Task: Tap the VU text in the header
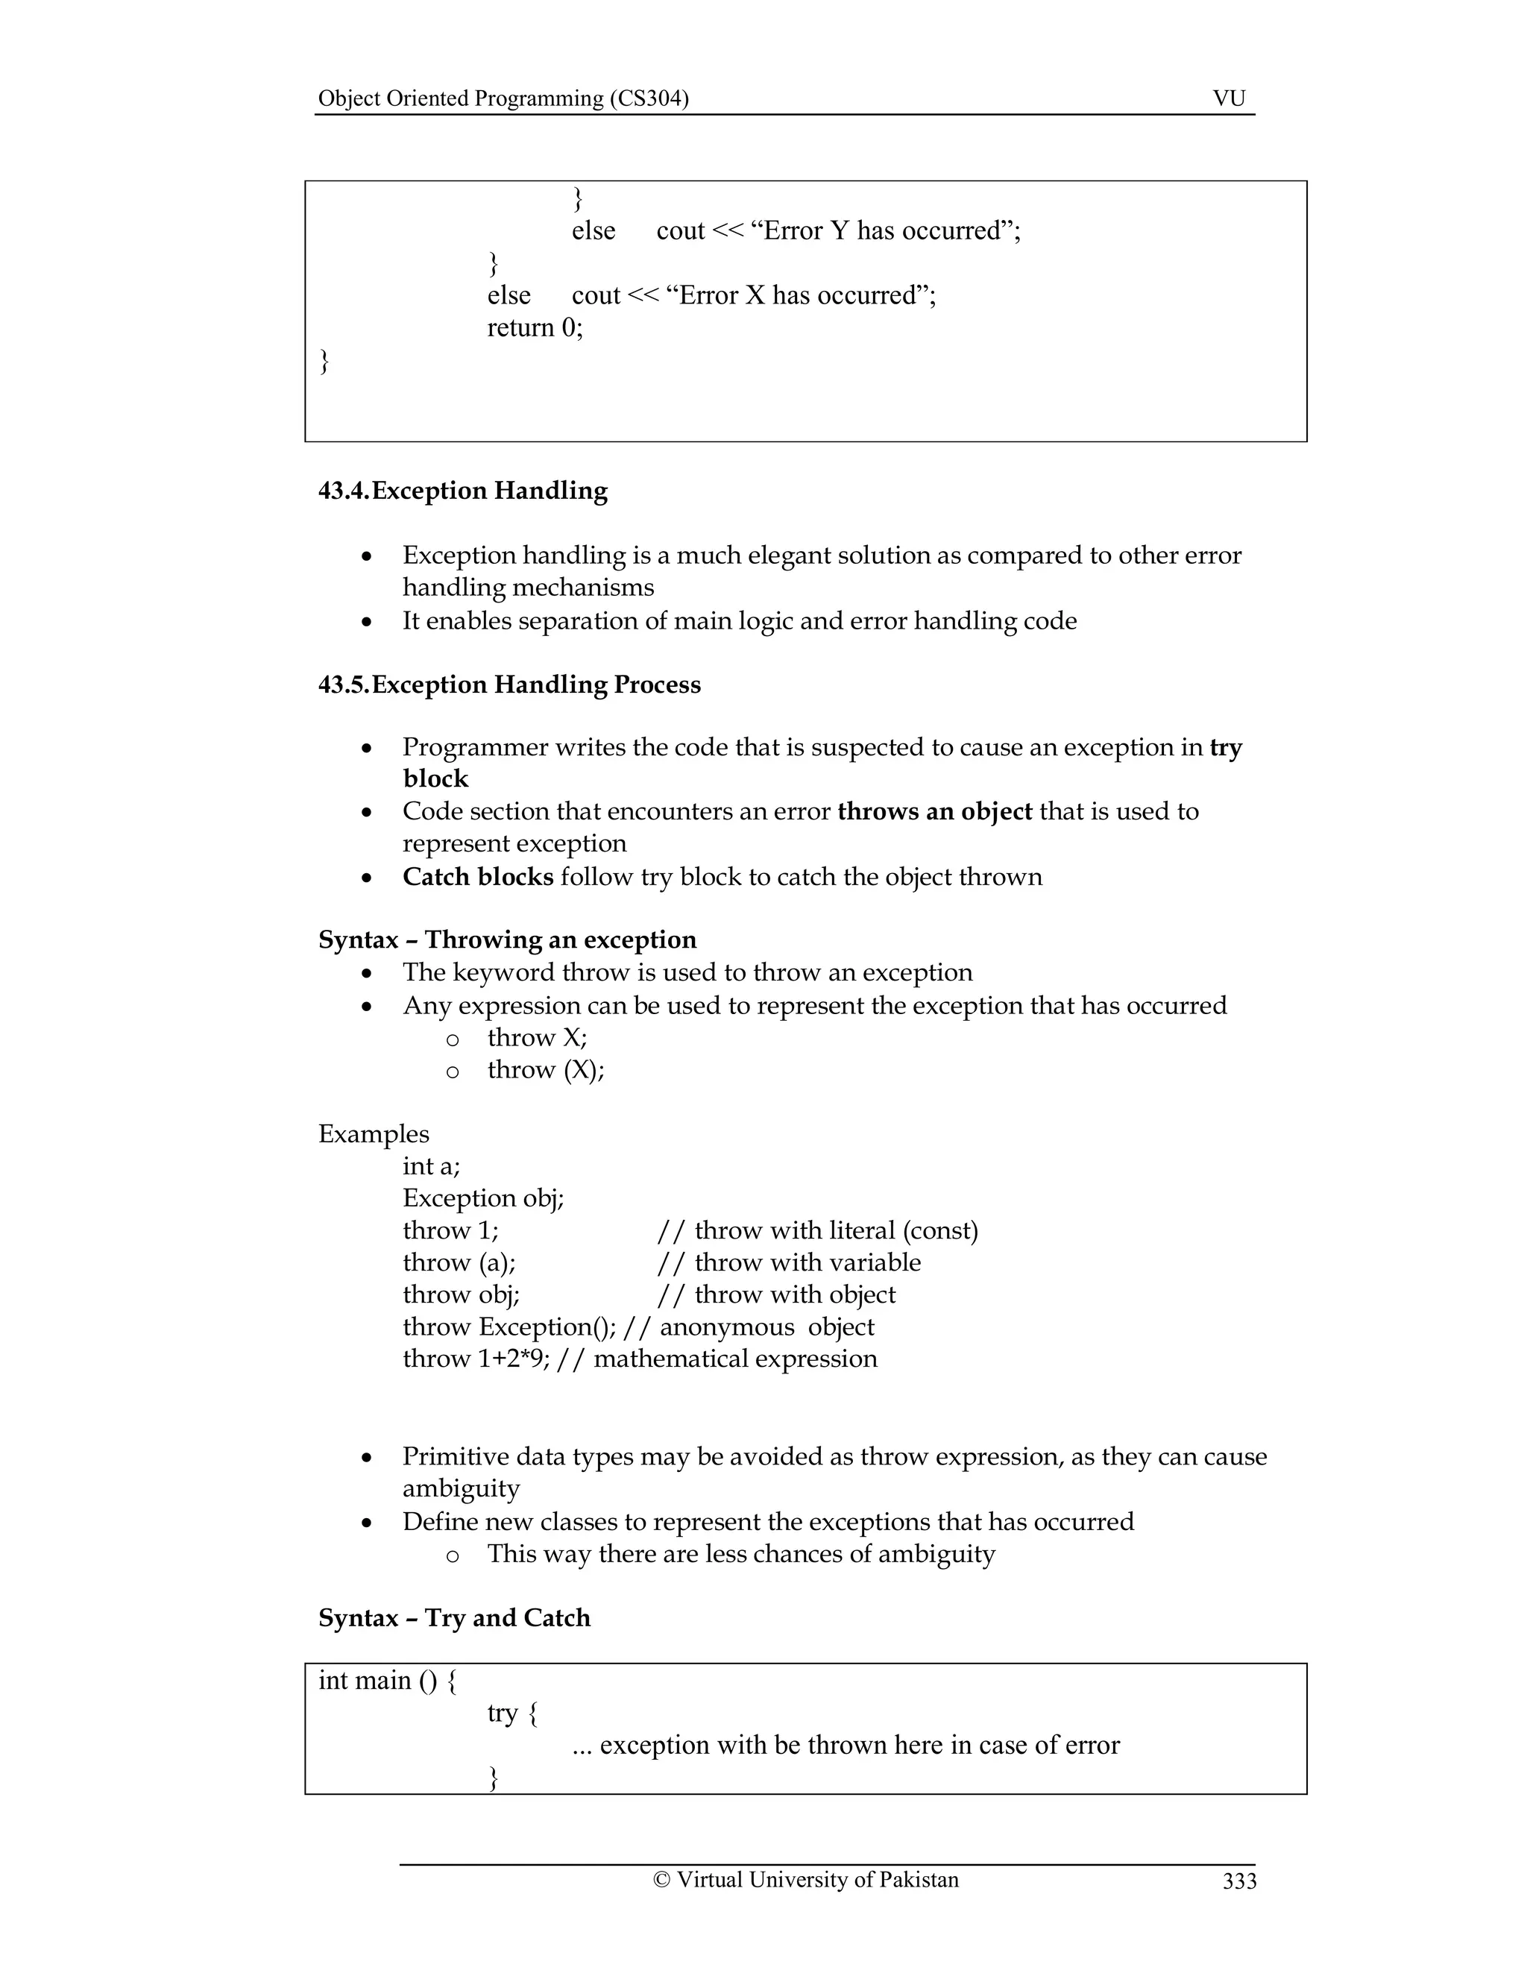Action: [1229, 98]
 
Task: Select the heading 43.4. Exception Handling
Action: [462, 491]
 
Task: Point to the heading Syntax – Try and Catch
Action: [454, 1617]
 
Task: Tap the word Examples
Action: [374, 1133]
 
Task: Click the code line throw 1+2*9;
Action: [476, 1358]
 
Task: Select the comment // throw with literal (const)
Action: [818, 1230]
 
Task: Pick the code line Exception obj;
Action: [483, 1198]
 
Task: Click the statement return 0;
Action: [535, 327]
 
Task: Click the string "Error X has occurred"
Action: [798, 296]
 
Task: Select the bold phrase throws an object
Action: [934, 811]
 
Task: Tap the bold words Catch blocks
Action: [478, 876]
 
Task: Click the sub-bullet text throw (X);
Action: [546, 1069]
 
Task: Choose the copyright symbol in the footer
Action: [661, 1879]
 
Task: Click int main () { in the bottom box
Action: [387, 1680]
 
